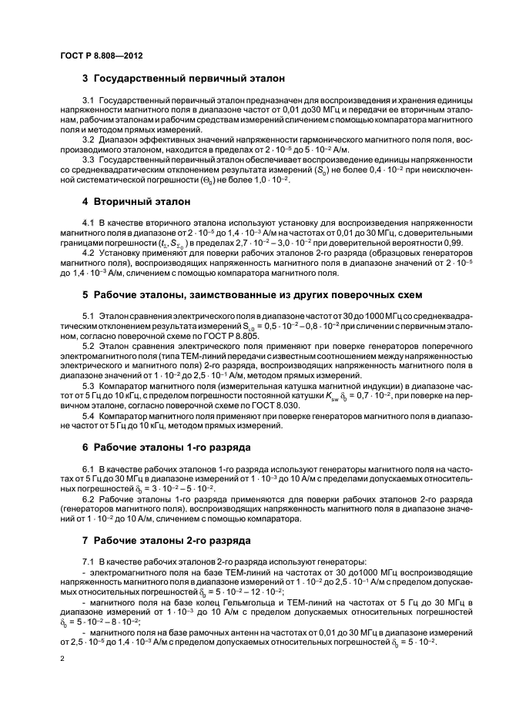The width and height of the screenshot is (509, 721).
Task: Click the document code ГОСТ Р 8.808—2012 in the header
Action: coord(100,57)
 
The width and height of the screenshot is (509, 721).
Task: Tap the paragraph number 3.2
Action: coord(89,140)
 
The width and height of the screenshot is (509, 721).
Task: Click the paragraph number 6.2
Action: coord(89,499)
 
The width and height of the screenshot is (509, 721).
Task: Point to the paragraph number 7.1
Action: coord(89,562)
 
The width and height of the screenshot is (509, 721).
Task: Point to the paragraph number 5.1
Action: coord(89,317)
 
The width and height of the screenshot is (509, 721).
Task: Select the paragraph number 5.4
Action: coord(89,416)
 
